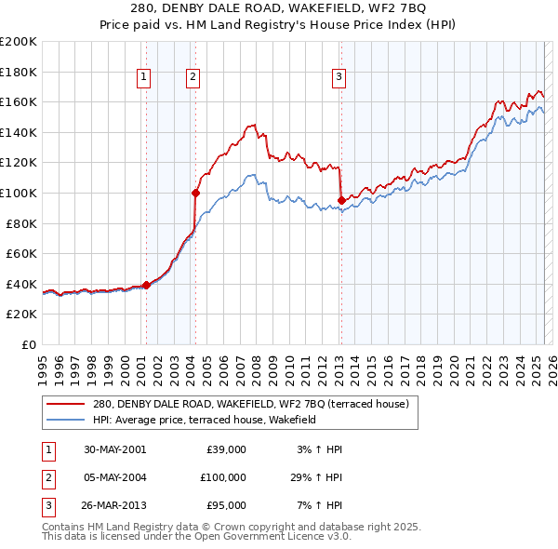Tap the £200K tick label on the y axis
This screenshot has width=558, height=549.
(x=19, y=42)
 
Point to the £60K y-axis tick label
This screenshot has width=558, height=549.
(x=21, y=253)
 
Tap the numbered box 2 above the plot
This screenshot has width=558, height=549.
(x=193, y=77)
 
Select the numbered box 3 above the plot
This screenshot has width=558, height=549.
(x=339, y=77)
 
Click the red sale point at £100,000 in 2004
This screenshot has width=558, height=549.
(x=195, y=193)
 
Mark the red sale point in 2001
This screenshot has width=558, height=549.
(x=147, y=286)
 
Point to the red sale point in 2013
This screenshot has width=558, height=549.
(x=341, y=200)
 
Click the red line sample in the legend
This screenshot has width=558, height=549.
(x=65, y=405)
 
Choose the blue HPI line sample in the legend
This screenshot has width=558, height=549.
(x=65, y=420)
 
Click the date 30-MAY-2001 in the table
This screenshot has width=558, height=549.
(x=115, y=449)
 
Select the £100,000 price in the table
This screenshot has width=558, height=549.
(x=223, y=477)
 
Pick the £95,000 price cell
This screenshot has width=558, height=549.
(x=226, y=505)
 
